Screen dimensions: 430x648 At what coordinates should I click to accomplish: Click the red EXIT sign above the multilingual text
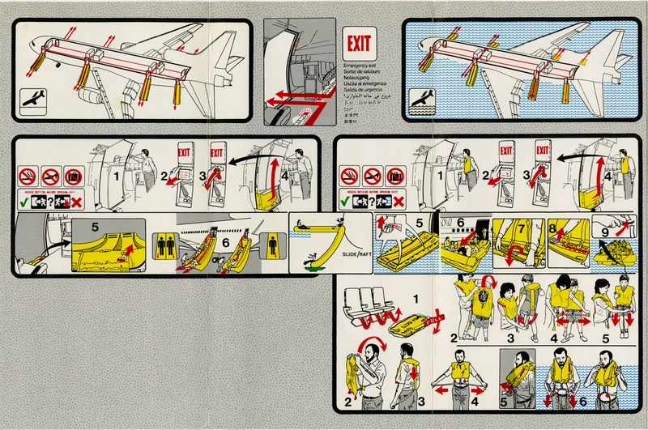tap(358, 43)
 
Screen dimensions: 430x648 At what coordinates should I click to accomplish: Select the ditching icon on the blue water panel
tap(422, 101)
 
